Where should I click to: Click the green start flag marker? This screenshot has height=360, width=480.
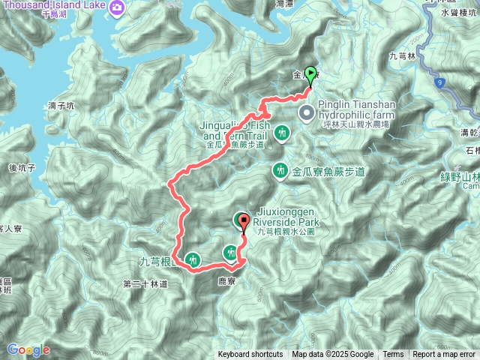pyautogui.click(x=311, y=75)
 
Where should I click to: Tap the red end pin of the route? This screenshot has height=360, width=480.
pyautogui.click(x=242, y=220)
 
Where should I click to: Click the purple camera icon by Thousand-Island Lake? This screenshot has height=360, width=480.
pyautogui.click(x=117, y=8)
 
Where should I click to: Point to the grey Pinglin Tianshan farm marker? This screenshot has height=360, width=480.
pyautogui.click(x=307, y=113)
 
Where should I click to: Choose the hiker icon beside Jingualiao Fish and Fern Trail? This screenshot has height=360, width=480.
pyautogui.click(x=282, y=133)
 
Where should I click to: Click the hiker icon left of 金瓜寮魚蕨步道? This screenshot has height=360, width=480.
pyautogui.click(x=280, y=172)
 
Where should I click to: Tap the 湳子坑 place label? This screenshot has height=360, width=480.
pyautogui.click(x=61, y=106)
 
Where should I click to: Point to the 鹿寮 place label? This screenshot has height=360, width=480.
pyautogui.click(x=226, y=280)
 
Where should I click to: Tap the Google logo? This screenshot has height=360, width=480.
pyautogui.click(x=28, y=349)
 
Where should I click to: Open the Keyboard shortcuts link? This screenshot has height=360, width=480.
pyautogui.click(x=250, y=355)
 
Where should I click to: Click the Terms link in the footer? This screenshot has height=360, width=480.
pyautogui.click(x=393, y=355)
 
